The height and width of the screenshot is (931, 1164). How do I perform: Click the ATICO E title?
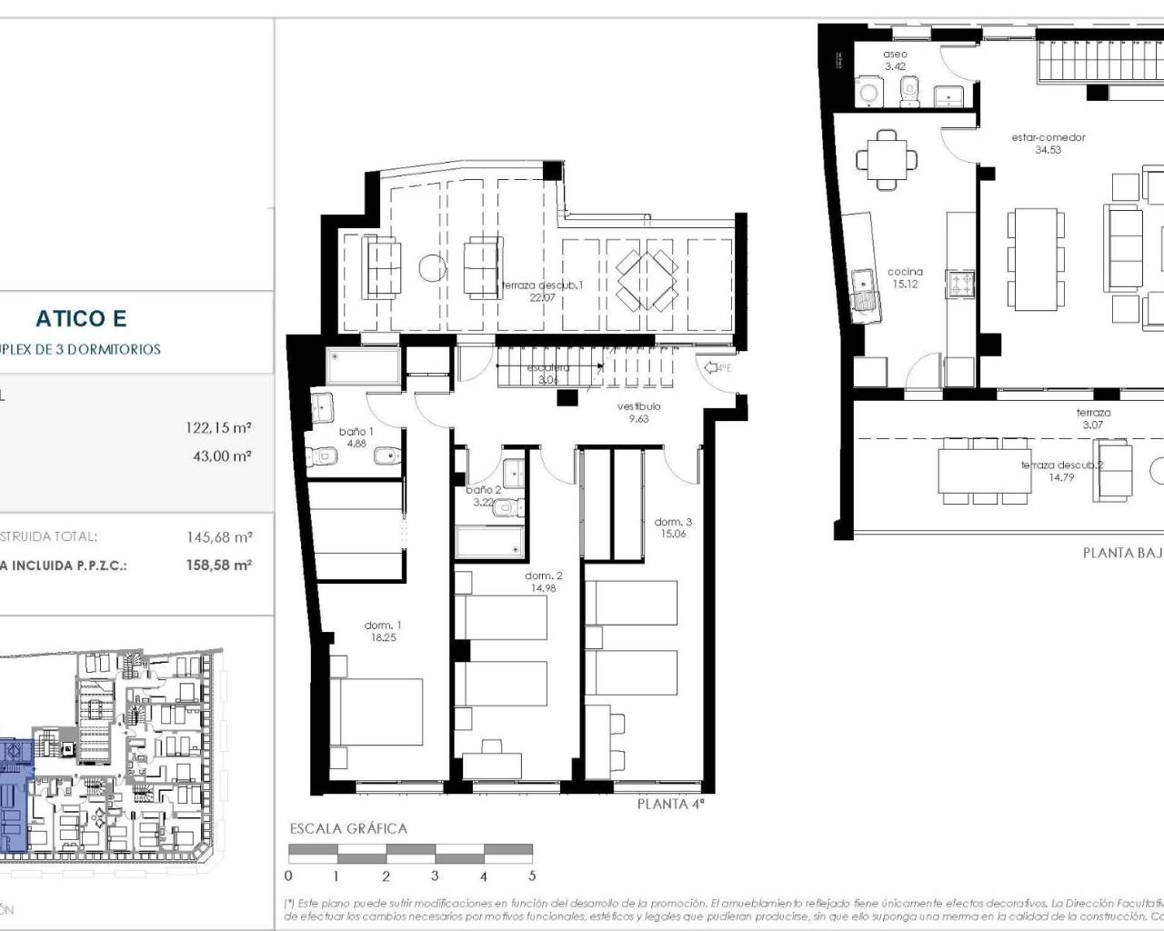81,318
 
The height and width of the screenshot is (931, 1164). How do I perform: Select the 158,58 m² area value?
218,565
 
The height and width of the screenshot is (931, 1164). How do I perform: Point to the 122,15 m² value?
218,427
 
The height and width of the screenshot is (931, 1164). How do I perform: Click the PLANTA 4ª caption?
670,804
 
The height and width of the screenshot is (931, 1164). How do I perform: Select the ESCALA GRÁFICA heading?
348,828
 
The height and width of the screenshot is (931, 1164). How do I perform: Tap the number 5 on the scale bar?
532,876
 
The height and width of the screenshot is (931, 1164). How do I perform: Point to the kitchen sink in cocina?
862,290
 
